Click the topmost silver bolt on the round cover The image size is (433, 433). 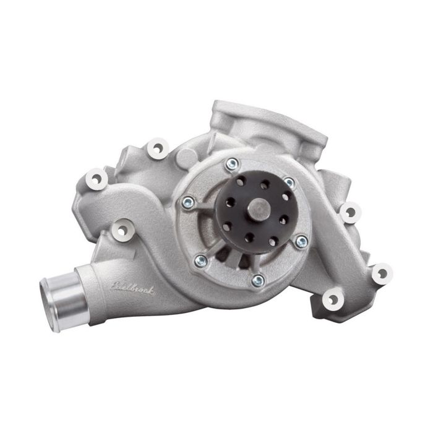[232, 164]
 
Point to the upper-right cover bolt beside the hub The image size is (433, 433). [289, 183]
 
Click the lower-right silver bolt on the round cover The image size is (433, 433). [301, 241]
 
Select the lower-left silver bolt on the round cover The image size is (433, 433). [200, 260]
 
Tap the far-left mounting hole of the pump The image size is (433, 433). [95, 179]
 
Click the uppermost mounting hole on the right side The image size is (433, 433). [350, 212]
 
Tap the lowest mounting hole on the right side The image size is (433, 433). [333, 300]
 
